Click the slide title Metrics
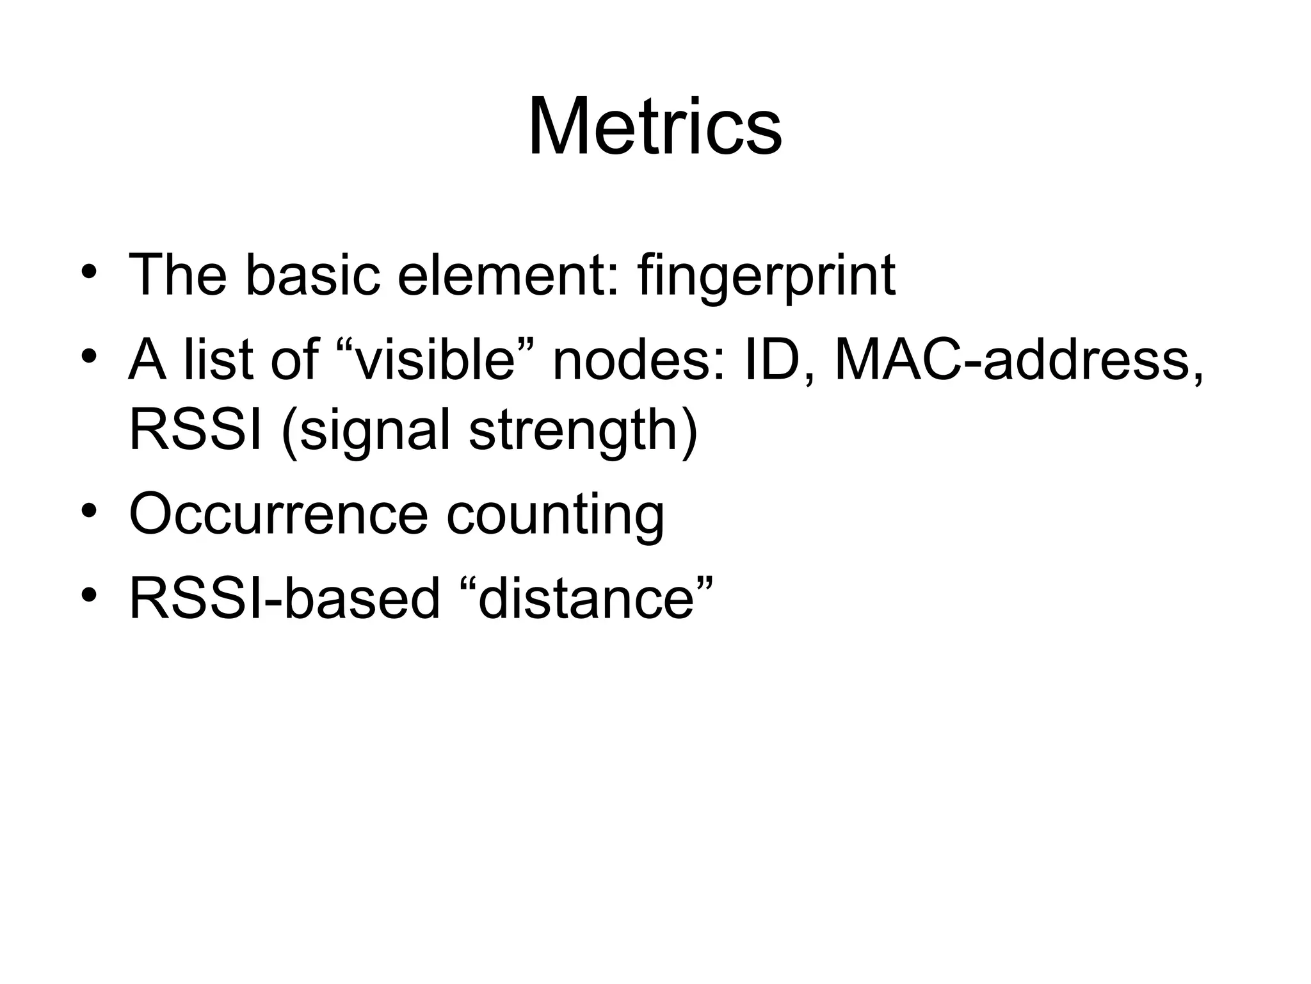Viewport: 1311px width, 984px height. coord(654,126)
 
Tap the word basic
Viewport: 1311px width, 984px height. coord(312,275)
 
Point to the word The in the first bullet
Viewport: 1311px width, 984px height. coord(178,275)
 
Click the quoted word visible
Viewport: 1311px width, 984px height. coord(435,360)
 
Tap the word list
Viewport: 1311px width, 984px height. coord(220,360)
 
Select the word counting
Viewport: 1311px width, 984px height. coord(555,516)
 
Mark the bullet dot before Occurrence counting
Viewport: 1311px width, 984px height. coord(89,512)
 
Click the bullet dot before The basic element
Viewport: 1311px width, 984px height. coord(89,274)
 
